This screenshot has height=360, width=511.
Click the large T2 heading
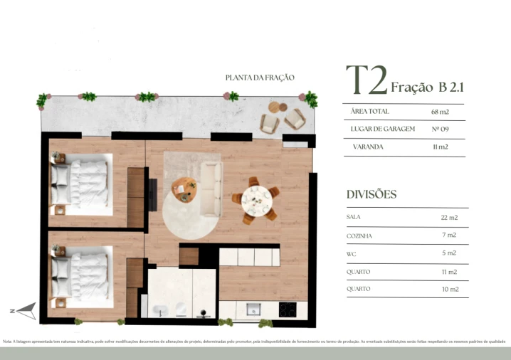367,81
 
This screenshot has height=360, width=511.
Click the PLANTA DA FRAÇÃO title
259,78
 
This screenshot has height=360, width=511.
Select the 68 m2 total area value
440,112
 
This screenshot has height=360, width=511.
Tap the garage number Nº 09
440,129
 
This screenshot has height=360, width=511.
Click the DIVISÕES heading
371,194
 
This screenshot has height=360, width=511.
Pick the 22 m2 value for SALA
449,217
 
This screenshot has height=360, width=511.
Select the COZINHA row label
359,235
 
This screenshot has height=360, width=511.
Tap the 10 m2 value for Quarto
449,290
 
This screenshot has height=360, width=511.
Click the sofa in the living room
211,189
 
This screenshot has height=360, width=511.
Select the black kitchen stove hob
288,309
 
